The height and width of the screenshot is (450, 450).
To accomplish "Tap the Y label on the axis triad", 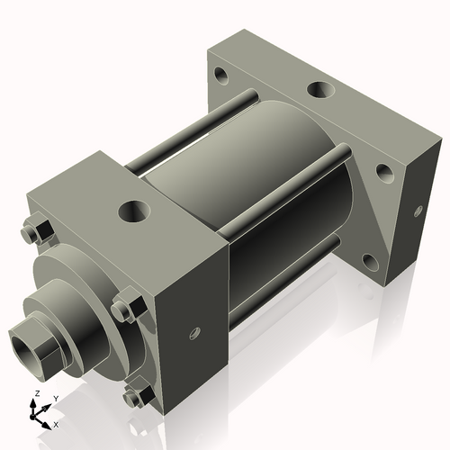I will (x=55, y=398).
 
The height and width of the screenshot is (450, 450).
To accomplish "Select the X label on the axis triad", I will (x=56, y=423).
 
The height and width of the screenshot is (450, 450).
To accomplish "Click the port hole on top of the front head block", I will (x=135, y=211).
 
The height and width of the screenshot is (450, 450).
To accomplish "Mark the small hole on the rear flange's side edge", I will (x=418, y=212).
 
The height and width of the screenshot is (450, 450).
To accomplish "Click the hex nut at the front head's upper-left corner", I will (x=38, y=232).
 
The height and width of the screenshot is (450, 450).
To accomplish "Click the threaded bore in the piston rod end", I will (x=23, y=343).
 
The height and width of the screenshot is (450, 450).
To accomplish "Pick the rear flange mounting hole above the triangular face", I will (x=383, y=170).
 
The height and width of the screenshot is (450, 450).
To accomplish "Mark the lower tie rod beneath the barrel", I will (x=279, y=275).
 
